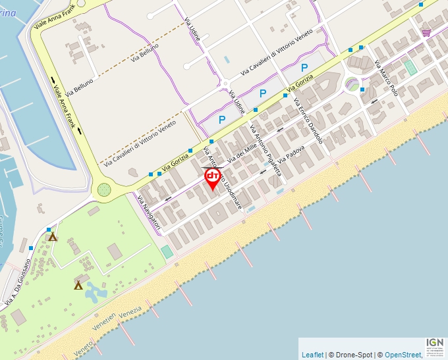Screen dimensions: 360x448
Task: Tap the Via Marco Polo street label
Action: [386, 78]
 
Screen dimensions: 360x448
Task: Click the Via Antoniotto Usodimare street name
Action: [225, 180]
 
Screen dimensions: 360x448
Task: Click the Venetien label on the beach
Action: [104, 320]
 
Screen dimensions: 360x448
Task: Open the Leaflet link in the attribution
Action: [312, 355]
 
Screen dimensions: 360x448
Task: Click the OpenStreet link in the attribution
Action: [403, 355]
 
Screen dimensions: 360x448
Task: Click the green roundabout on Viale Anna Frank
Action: [104, 190]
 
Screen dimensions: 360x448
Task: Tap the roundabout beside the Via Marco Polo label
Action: [353, 84]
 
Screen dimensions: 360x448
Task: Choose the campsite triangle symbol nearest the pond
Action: [78, 285]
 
